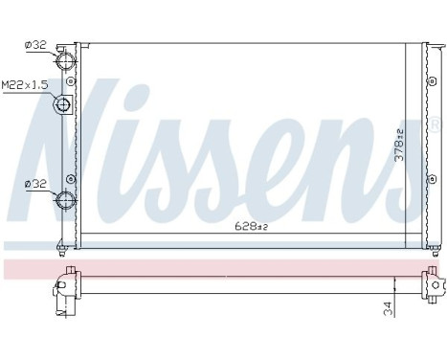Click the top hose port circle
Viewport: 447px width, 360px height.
[67, 60]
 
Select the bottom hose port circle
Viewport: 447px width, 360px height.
[67, 200]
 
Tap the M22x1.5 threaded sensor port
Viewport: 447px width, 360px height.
[66, 105]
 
